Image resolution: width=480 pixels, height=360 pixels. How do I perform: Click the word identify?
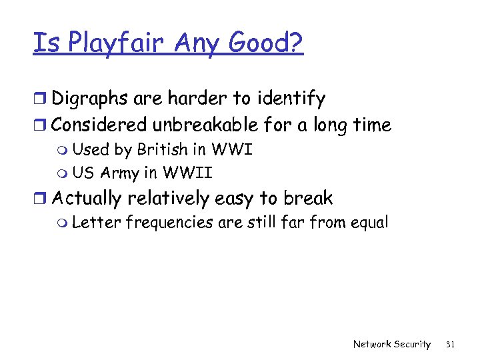[x=288, y=100]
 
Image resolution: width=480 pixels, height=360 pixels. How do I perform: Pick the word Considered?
[x=100, y=125]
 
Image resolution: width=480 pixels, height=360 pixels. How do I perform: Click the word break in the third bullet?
[x=308, y=198]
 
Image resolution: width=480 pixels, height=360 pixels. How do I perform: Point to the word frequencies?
[x=169, y=223]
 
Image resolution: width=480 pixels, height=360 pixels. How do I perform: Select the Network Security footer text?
[x=391, y=344]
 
